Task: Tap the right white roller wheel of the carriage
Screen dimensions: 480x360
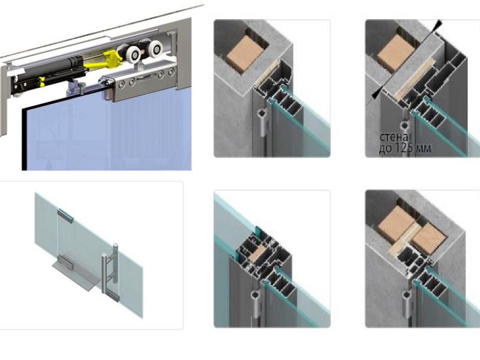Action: (155, 49)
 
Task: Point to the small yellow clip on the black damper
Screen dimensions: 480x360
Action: (41, 80)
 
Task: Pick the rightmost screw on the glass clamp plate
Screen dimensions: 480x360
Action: (171, 72)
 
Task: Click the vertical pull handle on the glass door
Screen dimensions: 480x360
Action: (110, 268)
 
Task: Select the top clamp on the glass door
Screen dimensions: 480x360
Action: (65, 215)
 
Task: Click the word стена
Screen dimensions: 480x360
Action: (394, 137)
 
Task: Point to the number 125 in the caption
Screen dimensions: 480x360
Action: (404, 148)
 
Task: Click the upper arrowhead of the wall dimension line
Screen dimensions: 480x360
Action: (438, 24)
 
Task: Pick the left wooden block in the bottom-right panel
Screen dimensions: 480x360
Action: (395, 223)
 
